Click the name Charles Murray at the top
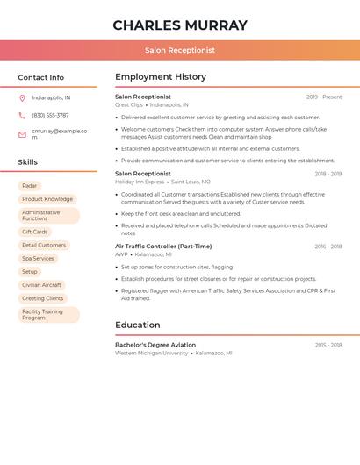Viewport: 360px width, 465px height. (180, 25)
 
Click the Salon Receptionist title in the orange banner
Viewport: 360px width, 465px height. (180, 51)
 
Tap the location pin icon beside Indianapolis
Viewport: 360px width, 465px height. (22, 98)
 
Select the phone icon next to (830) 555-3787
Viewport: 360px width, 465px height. (22, 116)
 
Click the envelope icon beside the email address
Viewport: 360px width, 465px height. (22, 134)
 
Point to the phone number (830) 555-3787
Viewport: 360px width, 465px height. (50, 116)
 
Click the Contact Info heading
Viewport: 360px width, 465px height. (40, 77)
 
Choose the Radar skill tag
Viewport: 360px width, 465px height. (30, 186)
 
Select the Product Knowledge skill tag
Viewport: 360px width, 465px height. (47, 199)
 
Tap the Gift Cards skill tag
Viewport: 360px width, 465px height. (35, 232)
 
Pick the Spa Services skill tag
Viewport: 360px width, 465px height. (38, 259)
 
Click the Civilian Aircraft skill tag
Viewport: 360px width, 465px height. (41, 285)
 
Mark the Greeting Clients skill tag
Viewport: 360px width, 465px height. (43, 298)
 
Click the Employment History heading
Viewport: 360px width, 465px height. (161, 77)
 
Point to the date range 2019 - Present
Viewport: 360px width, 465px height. (324, 97)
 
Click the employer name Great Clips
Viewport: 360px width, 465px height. (128, 104)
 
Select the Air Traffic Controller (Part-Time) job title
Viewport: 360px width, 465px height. (163, 247)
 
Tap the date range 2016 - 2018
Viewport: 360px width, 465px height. (328, 247)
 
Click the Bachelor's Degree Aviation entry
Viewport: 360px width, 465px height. (155, 345)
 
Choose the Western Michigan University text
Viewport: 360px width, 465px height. (151, 353)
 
